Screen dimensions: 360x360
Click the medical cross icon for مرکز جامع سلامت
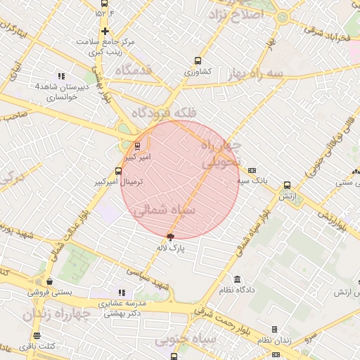(x=105, y=31)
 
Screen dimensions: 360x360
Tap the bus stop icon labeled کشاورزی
(x=198, y=60)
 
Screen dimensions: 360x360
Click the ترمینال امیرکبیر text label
(x=119, y=181)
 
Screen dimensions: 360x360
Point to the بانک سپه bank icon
(x=252, y=170)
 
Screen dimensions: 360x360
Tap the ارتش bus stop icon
(x=287, y=186)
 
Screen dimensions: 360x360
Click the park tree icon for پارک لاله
(x=169, y=238)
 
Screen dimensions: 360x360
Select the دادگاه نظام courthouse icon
(x=237, y=279)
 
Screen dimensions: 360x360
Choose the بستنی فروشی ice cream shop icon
(x=49, y=281)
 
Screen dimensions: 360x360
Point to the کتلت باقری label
(x=56, y=345)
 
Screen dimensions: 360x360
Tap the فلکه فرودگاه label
(x=165, y=112)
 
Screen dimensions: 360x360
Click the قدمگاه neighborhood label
(x=134, y=70)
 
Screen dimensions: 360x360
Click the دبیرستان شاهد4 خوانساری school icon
(x=61, y=76)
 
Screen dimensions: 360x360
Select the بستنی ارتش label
(x=347, y=292)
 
